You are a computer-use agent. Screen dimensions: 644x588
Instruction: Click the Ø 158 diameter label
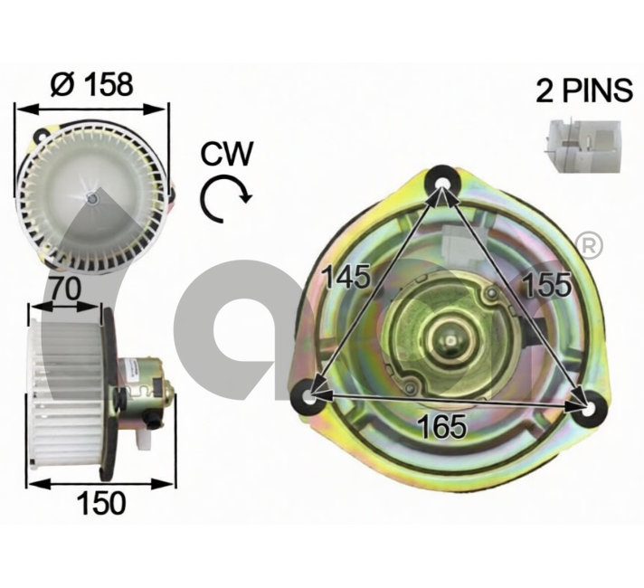(x=91, y=84)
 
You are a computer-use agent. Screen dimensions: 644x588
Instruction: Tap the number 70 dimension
(x=65, y=289)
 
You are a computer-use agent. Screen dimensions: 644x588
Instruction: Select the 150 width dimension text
(x=101, y=503)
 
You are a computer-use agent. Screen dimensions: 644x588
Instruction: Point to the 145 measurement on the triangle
(x=347, y=276)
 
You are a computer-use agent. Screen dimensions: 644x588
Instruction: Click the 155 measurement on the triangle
(x=547, y=284)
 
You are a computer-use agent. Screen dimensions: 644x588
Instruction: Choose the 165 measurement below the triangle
(x=442, y=425)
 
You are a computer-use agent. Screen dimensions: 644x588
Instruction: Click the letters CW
(x=227, y=154)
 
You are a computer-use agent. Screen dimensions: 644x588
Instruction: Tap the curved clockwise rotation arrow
(x=224, y=199)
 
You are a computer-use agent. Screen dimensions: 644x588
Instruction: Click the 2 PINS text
(x=584, y=90)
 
